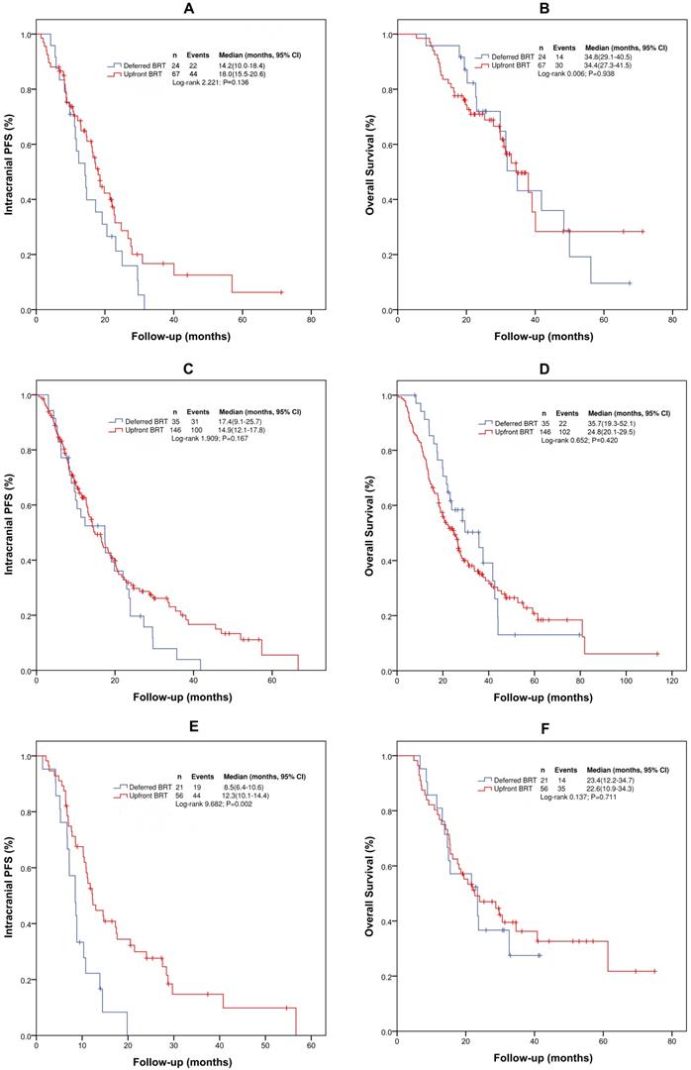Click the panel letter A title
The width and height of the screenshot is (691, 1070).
[173, 9]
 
